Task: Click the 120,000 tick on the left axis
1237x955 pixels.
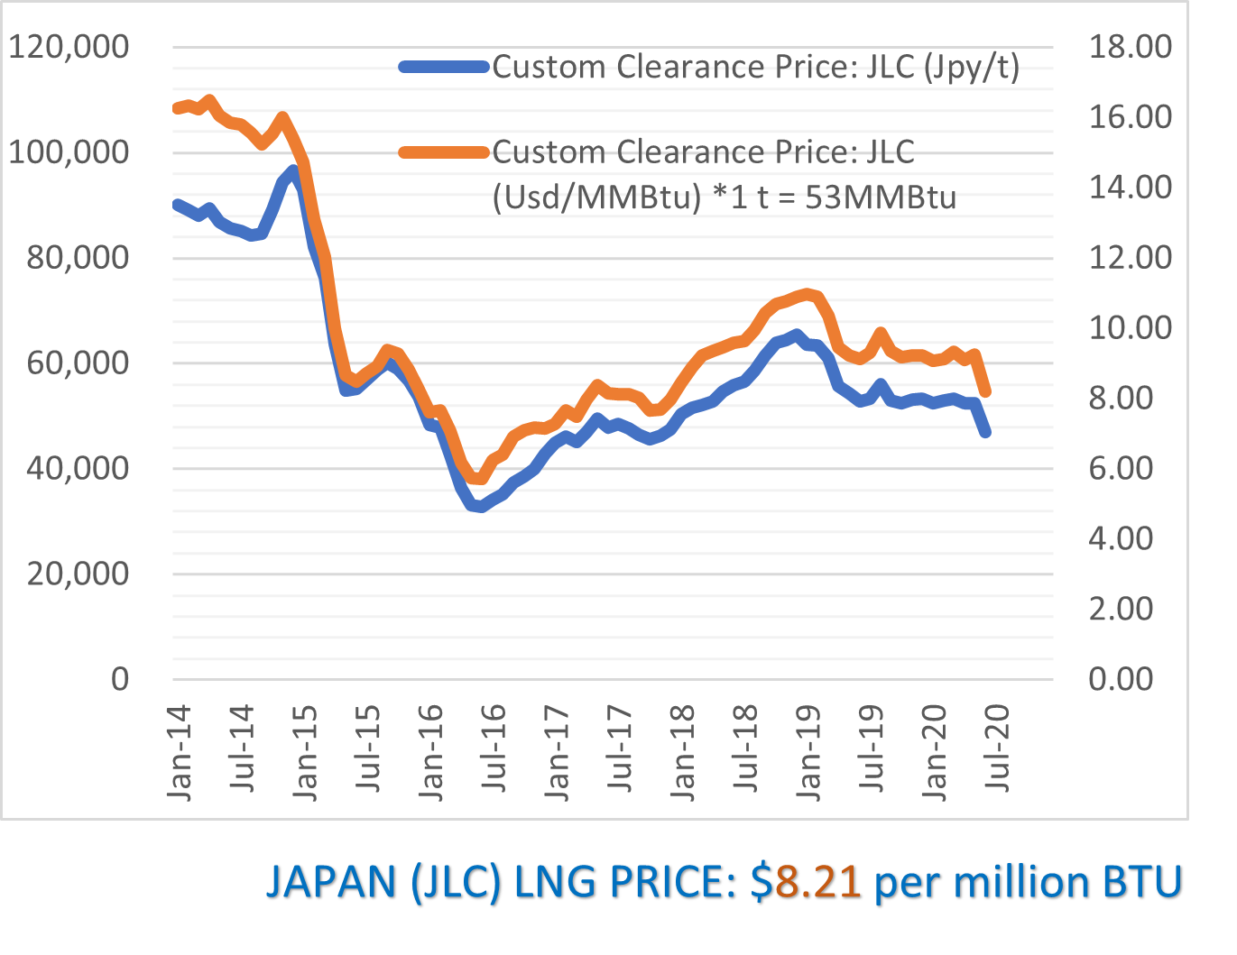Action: (69, 47)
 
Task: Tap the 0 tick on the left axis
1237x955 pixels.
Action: (120, 679)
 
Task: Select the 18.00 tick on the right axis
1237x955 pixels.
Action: (1130, 47)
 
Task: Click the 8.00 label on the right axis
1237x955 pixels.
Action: (1121, 398)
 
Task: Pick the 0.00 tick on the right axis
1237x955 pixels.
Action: (1121, 679)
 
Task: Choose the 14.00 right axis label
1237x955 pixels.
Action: (1130, 188)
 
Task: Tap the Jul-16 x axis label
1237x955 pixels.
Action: (494, 748)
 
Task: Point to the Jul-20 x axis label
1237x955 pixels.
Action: (997, 748)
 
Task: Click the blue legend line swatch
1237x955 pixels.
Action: (444, 67)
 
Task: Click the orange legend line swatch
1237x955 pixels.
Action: (444, 152)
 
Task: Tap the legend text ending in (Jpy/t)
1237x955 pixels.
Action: (755, 67)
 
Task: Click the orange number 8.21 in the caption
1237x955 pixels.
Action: (818, 882)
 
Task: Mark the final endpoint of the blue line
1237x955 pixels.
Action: (985, 433)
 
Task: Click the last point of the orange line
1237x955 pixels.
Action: (986, 392)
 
